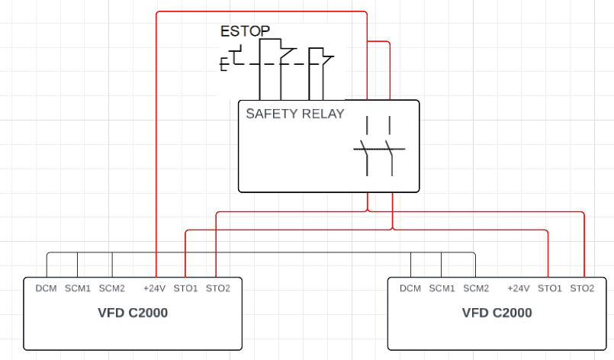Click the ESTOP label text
(x=245, y=31)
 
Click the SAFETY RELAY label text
(x=294, y=114)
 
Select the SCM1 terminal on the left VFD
(x=77, y=288)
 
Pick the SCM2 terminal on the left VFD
(x=111, y=288)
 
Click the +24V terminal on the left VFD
(x=155, y=288)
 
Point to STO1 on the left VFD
(x=185, y=288)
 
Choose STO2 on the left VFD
(x=218, y=288)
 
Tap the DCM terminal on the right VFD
(x=410, y=288)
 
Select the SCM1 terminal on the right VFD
(x=442, y=288)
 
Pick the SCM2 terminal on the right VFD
(x=476, y=288)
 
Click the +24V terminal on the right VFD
(x=519, y=288)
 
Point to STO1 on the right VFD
(x=549, y=288)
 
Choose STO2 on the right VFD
(x=582, y=288)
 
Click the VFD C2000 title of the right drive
(x=497, y=313)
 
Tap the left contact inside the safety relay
(x=367, y=149)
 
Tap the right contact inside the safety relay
(x=391, y=149)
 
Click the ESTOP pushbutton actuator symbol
(x=229, y=61)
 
